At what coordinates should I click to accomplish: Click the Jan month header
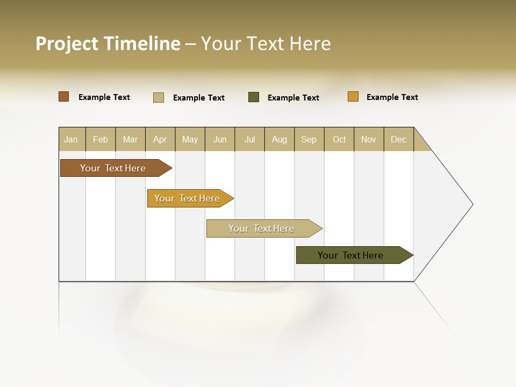(71, 139)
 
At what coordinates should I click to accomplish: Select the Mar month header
(130, 139)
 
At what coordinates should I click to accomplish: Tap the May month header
(190, 139)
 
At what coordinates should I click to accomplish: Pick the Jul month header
(249, 139)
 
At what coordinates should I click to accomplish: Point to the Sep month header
(309, 139)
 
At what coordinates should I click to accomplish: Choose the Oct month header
(339, 139)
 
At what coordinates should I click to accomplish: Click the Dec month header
(398, 139)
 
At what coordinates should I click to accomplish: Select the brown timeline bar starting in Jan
(113, 168)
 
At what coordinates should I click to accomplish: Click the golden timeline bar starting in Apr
(187, 198)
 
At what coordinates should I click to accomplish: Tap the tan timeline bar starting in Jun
(261, 228)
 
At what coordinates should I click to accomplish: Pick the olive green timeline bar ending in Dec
(350, 255)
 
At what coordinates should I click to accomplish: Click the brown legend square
(64, 97)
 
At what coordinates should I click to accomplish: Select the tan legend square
(159, 97)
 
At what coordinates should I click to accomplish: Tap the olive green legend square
(254, 97)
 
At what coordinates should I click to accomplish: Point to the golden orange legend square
(353, 97)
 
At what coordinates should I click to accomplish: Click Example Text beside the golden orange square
(392, 97)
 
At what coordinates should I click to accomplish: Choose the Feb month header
(101, 139)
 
